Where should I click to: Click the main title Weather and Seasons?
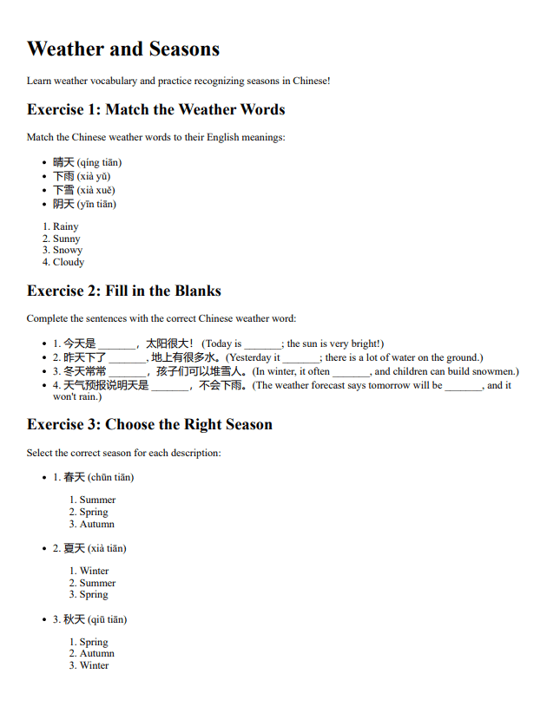123,49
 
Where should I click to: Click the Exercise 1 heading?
155,109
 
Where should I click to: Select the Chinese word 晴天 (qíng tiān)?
87,162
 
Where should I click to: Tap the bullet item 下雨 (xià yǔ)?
82,176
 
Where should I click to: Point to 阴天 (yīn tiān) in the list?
84,204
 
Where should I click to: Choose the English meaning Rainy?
65,226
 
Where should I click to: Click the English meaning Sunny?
66,239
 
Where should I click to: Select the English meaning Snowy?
67,250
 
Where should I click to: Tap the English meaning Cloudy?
69,262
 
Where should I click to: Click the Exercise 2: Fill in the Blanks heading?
124,291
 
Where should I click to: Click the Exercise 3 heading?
149,424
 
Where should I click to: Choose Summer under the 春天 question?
97,500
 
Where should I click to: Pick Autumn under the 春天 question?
96,524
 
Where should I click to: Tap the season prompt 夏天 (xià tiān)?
95,548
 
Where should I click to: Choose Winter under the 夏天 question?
94,571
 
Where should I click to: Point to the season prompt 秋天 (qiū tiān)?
95,619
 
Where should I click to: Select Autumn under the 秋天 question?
96,653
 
